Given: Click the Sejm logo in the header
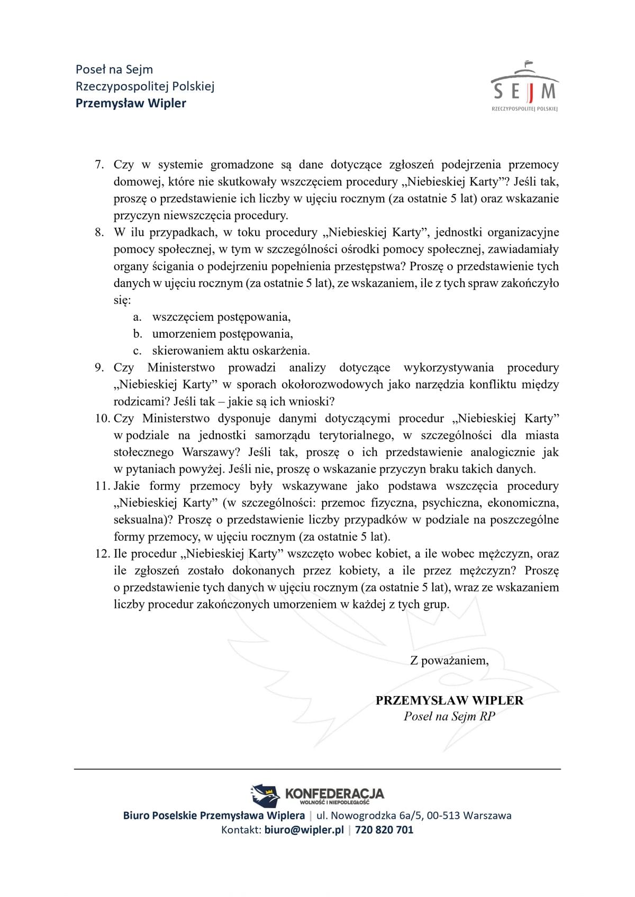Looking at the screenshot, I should click(x=524, y=87).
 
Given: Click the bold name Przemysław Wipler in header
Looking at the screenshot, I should click(x=131, y=103).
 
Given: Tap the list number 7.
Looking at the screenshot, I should click(x=99, y=165).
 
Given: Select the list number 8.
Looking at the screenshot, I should click(x=99, y=233).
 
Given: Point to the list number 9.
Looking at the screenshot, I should click(x=99, y=368).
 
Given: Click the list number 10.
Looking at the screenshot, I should click(x=102, y=419).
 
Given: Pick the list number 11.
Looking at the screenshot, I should click(x=102, y=486).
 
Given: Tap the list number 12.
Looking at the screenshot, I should click(x=102, y=554).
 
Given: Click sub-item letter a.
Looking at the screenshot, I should click(x=137, y=317).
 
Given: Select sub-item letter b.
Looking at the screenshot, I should click(x=138, y=334).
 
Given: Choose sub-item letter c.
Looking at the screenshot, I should click(x=137, y=351).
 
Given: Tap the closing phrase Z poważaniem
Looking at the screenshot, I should click(x=449, y=661).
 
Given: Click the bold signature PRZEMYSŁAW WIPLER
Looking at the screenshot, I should click(x=449, y=700).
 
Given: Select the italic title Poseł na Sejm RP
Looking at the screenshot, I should click(x=449, y=717).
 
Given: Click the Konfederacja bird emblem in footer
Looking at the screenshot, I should click(x=265, y=794).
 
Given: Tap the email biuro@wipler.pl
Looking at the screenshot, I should click(x=304, y=830).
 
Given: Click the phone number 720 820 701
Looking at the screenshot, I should click(x=384, y=830).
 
